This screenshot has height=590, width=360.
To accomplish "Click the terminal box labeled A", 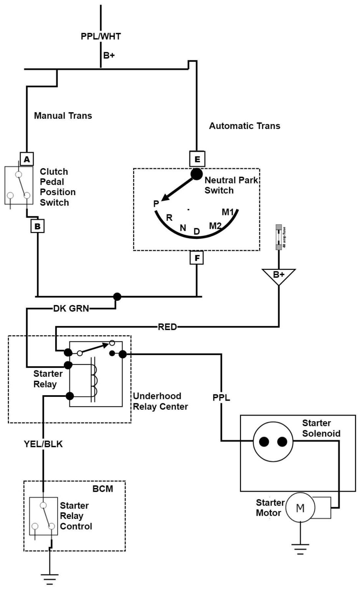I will click(26, 159).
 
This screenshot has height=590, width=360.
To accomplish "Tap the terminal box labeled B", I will click(38, 226).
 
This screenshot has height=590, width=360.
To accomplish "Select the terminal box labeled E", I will click(197, 159).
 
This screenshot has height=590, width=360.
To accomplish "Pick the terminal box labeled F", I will click(197, 258).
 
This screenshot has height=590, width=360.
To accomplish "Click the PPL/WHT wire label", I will click(101, 36).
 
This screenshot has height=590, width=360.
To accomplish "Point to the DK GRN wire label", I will click(71, 308).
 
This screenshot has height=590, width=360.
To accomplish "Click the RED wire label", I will click(167, 327).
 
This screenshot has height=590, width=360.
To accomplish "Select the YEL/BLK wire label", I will click(43, 444).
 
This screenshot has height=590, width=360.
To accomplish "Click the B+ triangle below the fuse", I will click(279, 275).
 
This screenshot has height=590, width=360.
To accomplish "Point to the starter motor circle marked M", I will click(300, 508).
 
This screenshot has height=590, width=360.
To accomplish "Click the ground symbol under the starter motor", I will click(300, 549).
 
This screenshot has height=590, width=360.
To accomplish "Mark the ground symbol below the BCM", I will click(50, 578).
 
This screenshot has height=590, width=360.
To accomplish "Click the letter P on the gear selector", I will click(156, 204).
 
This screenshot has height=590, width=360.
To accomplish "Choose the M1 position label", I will click(228, 212).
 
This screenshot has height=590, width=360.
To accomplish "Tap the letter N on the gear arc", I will click(183, 228).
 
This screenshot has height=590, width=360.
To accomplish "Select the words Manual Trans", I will click(63, 116).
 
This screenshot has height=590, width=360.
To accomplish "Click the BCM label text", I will click(103, 489).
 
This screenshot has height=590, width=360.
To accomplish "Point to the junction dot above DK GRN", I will click(117, 297).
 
